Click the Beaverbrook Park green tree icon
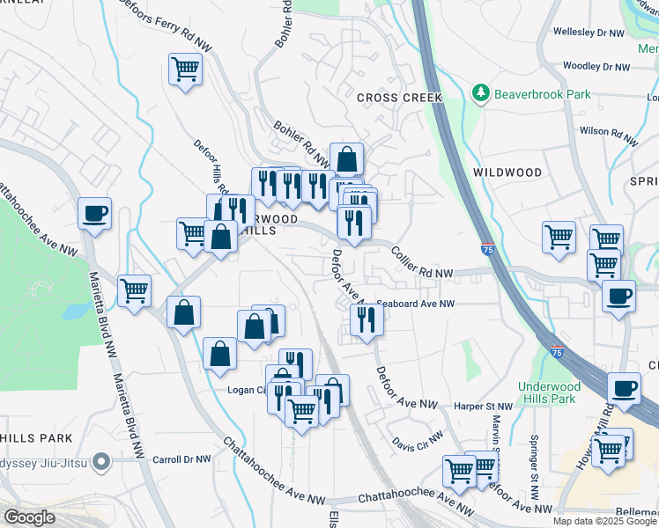(480, 92)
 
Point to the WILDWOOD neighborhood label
(507, 172)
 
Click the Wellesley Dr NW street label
(588, 33)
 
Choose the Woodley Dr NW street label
(596, 67)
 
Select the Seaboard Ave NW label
(416, 304)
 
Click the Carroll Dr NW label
(182, 459)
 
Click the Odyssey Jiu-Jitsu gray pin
(102, 459)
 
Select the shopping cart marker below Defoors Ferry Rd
(186, 68)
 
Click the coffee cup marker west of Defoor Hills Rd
(95, 213)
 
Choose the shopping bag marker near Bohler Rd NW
(347, 159)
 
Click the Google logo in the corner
(29, 517)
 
